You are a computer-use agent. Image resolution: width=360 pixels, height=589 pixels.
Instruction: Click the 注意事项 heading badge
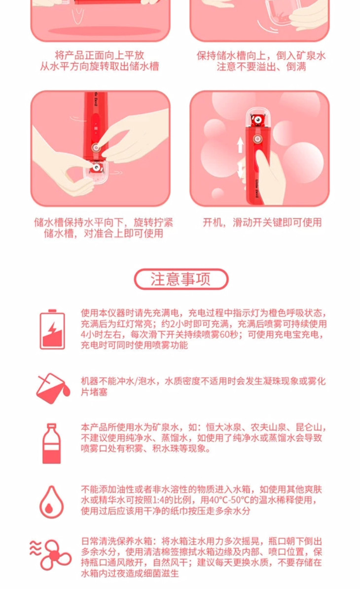click(x=181, y=279)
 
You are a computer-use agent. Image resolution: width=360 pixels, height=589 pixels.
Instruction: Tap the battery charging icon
click(x=52, y=330)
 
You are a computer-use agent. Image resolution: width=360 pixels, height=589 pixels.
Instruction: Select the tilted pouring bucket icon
click(x=53, y=388)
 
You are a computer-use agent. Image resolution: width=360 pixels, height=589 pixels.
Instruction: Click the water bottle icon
click(x=51, y=443)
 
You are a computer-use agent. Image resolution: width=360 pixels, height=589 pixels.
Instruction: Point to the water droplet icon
click(x=51, y=502)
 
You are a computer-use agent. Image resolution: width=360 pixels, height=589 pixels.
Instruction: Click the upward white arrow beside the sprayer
click(x=240, y=145)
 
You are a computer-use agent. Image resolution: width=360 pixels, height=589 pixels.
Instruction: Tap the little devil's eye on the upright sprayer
click(x=257, y=119)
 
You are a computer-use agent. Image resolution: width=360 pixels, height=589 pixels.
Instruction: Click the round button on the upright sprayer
click(x=257, y=139)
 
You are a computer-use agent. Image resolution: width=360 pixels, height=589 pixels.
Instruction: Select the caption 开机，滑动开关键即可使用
click(x=262, y=222)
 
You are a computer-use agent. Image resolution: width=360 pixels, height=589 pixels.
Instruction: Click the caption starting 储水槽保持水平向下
click(x=104, y=228)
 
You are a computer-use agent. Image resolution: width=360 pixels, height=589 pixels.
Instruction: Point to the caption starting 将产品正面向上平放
click(x=100, y=61)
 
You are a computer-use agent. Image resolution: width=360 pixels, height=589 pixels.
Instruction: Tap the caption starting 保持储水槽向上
click(x=261, y=61)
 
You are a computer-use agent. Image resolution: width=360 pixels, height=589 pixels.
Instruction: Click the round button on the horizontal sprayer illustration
click(x=97, y=147)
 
